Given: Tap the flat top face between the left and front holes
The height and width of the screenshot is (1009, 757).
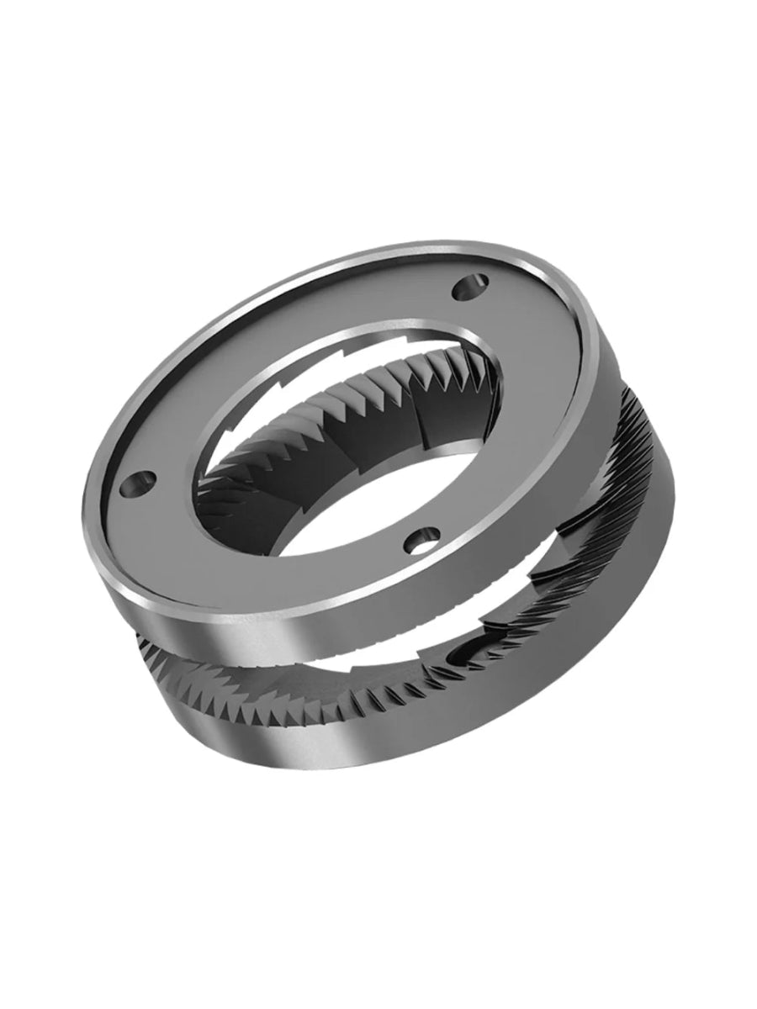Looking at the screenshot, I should point(252,547).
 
